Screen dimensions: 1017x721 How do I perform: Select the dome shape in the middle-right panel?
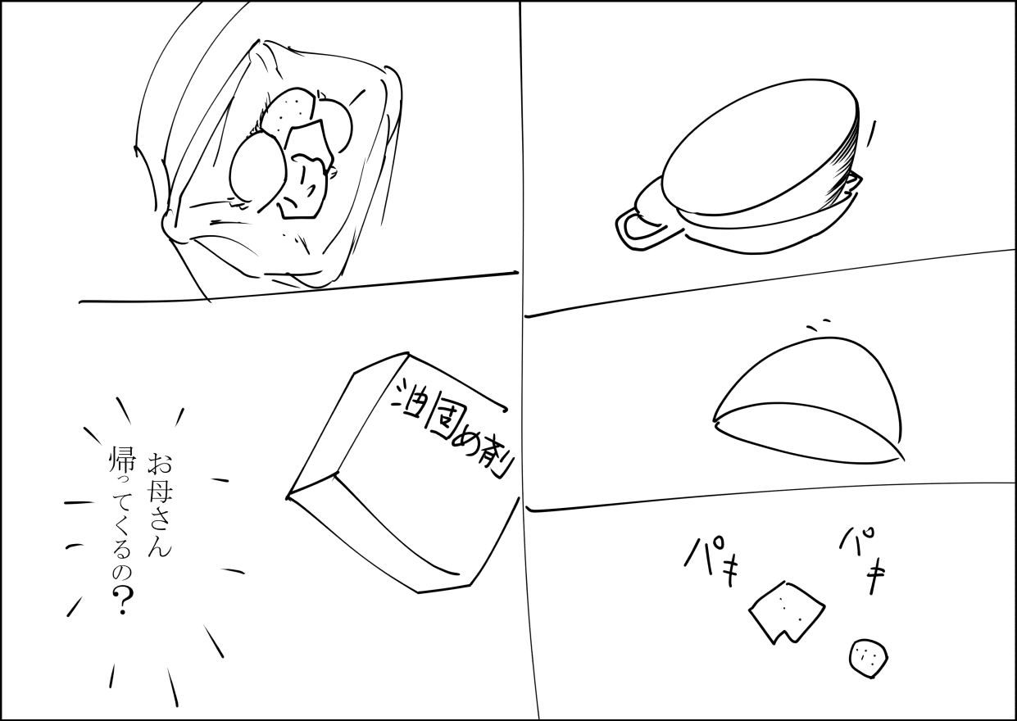pos(808,400)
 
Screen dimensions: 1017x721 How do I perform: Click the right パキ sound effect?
pos(862,560)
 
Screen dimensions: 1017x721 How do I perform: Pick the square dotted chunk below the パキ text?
pos(787,611)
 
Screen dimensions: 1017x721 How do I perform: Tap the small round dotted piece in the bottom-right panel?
pos(868,658)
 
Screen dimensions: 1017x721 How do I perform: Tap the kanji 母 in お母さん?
pos(159,493)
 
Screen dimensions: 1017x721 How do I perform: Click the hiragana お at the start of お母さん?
pos(160,464)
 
